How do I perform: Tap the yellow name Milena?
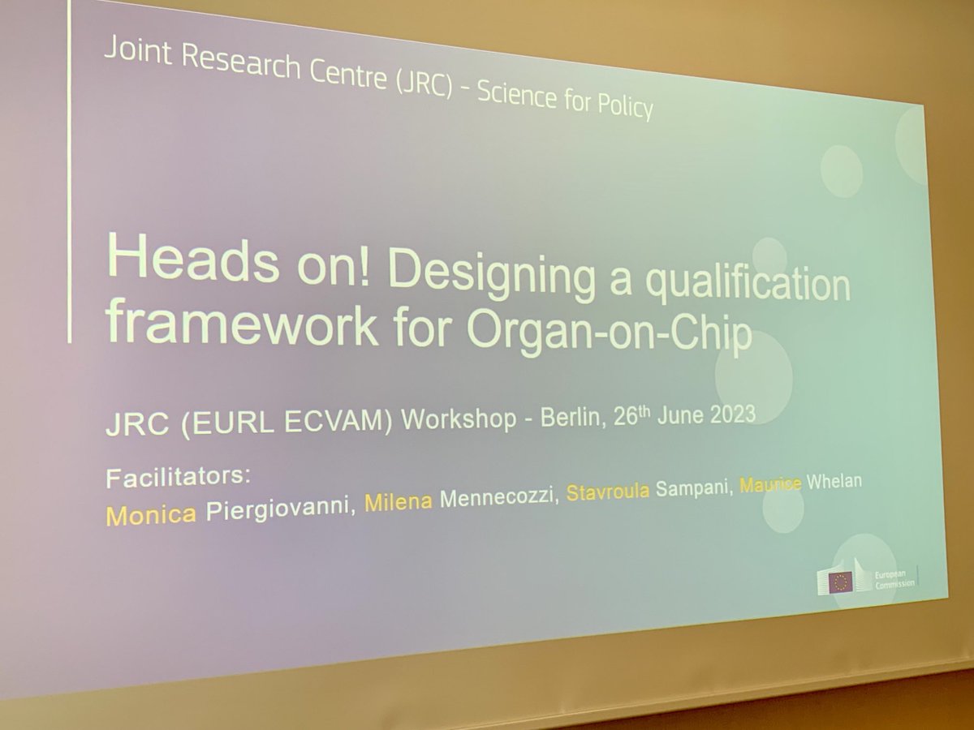pos(398,504)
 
